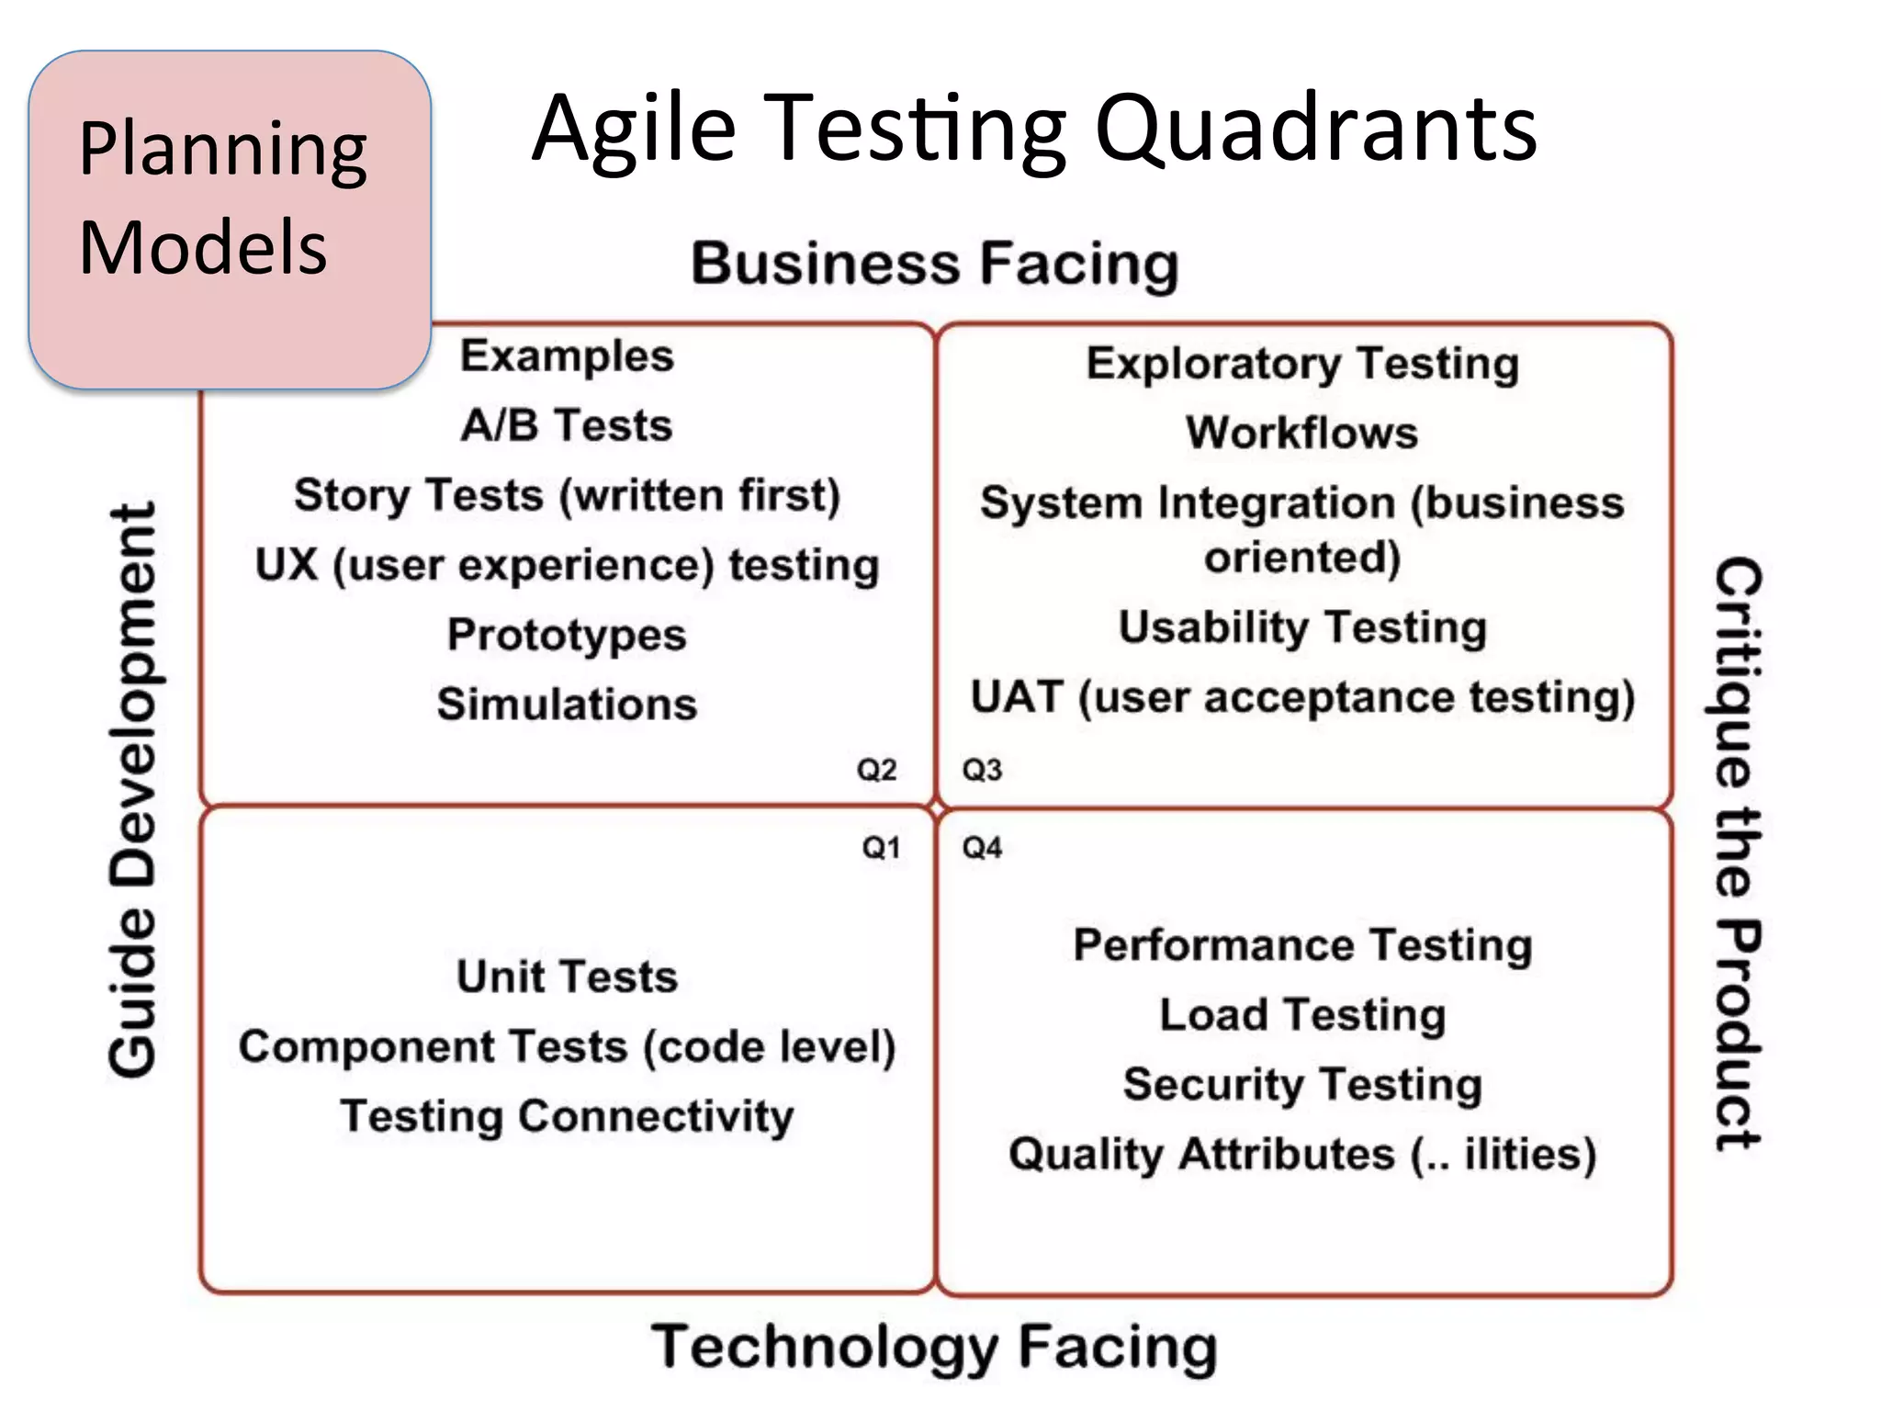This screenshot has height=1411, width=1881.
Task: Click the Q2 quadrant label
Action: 876,769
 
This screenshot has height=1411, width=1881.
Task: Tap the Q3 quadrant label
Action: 982,769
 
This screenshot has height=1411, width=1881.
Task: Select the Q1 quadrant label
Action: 881,847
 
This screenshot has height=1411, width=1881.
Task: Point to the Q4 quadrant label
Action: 982,847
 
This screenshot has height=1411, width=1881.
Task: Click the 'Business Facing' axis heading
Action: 934,264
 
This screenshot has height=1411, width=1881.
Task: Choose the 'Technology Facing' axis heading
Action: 934,1347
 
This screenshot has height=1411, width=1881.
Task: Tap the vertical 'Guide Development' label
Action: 134,789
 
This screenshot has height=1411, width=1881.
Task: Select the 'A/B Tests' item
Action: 567,425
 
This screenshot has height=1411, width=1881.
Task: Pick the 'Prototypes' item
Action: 567,635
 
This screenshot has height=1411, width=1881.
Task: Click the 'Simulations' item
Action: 567,705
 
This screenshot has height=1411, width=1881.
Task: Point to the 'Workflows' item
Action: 1301,433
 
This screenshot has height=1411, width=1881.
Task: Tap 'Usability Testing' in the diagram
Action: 1302,627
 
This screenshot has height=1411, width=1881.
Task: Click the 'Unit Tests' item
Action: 567,976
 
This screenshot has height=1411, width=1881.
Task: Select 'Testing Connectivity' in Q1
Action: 567,1117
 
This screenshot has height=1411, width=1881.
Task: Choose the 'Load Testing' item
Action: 1302,1015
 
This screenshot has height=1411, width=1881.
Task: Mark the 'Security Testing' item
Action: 1302,1085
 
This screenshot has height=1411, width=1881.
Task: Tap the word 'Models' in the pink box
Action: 203,247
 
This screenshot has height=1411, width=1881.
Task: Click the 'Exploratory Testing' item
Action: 1302,364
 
